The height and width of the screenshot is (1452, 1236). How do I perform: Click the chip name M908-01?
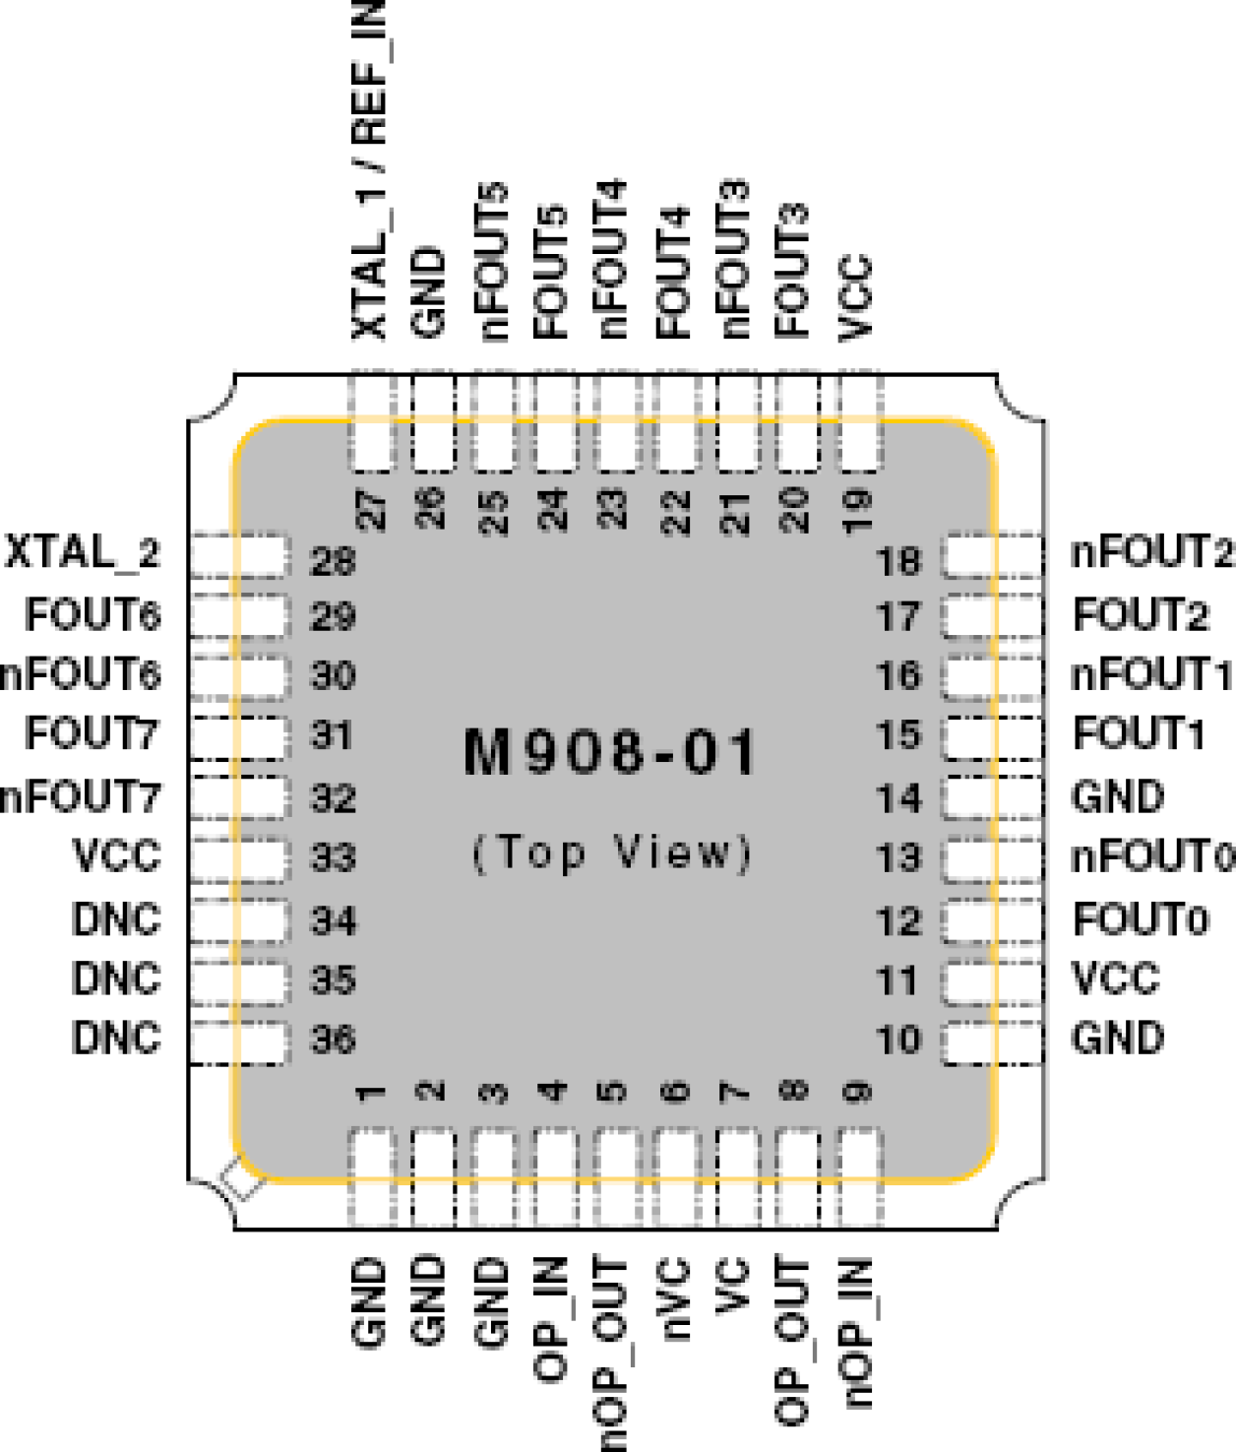(610, 753)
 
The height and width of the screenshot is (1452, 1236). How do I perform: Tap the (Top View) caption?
(612, 852)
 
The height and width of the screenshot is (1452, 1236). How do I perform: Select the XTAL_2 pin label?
(83, 553)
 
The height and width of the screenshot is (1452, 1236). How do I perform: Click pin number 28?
(333, 561)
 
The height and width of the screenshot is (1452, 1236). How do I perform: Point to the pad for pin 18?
(992, 556)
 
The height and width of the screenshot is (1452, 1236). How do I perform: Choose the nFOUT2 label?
(1150, 553)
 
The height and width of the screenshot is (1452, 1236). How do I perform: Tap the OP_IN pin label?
(551, 1319)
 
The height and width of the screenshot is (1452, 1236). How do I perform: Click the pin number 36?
(333, 1040)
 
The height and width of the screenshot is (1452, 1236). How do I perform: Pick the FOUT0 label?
(1140, 920)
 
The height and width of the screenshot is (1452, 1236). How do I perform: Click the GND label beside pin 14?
(1118, 796)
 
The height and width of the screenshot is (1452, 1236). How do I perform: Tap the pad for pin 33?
(240, 858)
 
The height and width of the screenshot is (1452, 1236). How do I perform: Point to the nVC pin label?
(675, 1299)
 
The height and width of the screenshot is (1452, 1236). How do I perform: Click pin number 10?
(897, 1040)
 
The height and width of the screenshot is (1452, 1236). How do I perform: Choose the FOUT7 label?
(92, 734)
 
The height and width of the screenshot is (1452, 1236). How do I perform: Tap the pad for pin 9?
(858, 1176)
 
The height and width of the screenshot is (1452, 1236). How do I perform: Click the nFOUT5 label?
(492, 262)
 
